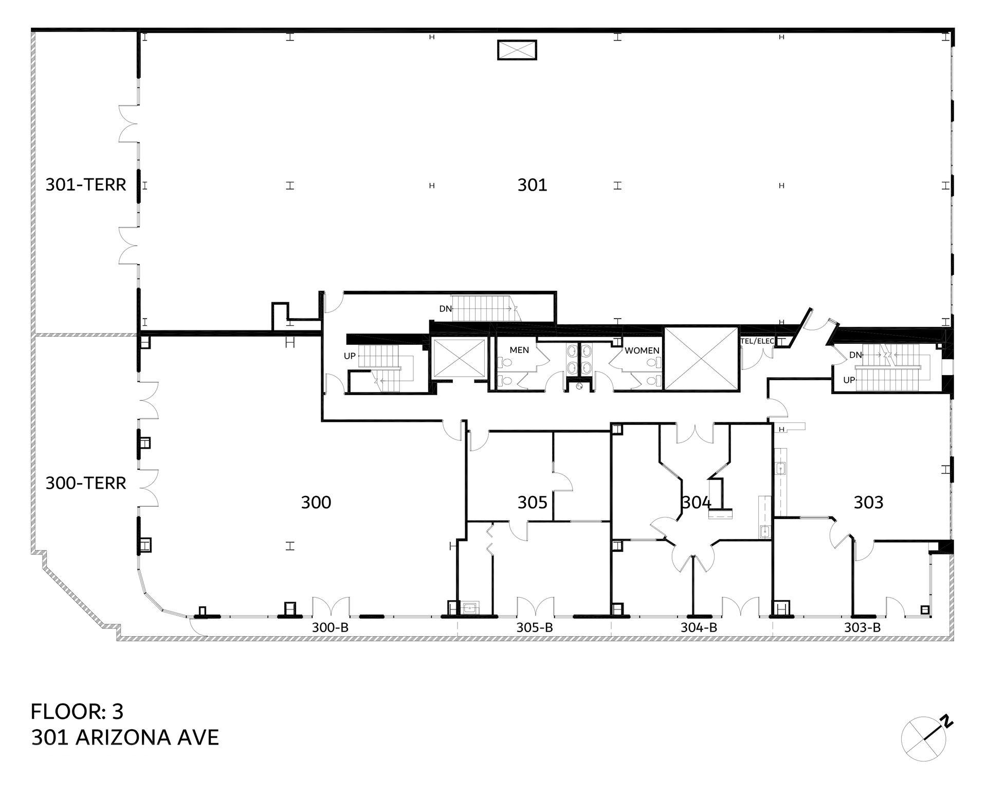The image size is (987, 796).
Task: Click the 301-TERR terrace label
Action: pos(86,184)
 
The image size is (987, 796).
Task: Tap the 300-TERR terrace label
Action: pos(86,483)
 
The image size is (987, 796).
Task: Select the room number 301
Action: pos(532,185)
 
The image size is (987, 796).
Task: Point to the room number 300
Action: pos(316,502)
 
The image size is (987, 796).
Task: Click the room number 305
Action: pos(532,502)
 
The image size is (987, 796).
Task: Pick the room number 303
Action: pos(868,502)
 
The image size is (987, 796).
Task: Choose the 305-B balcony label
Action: pos(535,627)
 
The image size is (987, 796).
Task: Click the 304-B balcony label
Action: pos(699,627)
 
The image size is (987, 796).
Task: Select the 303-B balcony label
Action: pos(862,627)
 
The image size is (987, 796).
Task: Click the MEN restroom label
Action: pos(519,350)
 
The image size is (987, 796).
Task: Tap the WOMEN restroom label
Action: pos(642,350)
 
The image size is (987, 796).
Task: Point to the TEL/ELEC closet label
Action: pos(757,341)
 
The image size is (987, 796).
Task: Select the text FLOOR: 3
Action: pos(77,712)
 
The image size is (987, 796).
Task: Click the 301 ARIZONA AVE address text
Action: pos(125,737)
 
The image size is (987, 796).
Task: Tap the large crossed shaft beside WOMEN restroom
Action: pos(701,358)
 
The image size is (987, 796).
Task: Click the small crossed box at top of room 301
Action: pos(517,50)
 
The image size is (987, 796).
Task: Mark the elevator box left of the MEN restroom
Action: pos(459,358)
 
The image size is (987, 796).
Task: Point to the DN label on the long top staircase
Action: pos(445,309)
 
